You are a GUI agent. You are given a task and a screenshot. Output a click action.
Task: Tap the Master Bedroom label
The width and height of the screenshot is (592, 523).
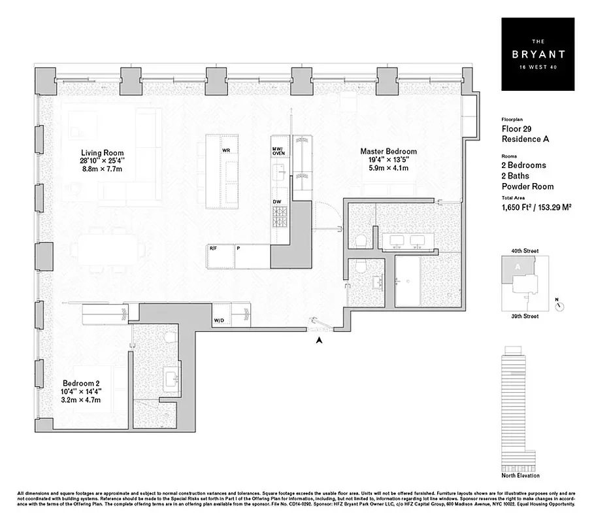tap(388, 152)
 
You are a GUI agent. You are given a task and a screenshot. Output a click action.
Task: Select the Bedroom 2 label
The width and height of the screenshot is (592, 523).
tap(81, 383)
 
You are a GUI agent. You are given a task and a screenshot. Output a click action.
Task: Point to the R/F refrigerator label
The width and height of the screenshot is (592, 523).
tap(214, 248)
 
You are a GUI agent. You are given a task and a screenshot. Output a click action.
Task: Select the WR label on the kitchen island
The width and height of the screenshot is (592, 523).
tap(225, 150)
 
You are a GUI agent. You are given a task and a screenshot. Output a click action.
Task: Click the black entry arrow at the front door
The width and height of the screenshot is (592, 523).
tap(319, 340)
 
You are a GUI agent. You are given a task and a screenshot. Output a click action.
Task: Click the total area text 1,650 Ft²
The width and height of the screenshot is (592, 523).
tap(519, 207)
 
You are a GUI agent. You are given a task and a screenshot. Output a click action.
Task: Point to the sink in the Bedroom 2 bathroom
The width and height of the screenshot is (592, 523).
tap(172, 378)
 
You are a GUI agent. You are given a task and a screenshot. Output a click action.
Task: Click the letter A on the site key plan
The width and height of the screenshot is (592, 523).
tap(518, 267)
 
